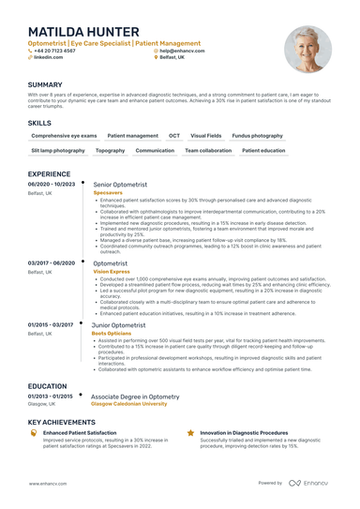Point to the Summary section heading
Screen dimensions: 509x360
point(46,84)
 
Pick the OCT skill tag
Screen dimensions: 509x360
point(173,136)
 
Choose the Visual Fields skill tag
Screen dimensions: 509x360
point(206,136)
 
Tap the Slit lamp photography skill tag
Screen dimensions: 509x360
point(58,150)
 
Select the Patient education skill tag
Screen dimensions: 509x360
point(263,150)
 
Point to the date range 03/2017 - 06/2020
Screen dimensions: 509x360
point(51,263)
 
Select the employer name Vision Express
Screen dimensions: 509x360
point(112,272)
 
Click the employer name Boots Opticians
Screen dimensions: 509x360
point(112,332)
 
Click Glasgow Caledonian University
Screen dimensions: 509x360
point(129,404)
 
